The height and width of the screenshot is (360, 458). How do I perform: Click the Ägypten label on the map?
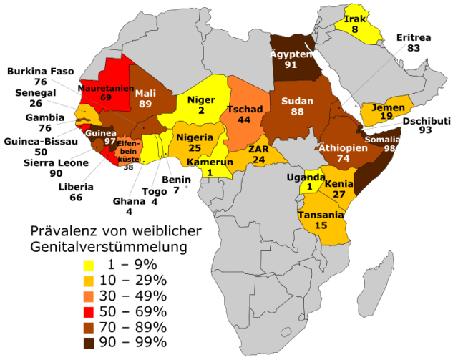[x=291, y=54]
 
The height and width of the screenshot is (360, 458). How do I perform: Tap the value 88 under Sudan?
[x=297, y=112]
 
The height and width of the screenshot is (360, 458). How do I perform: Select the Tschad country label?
[x=245, y=110]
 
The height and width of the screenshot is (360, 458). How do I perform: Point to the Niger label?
[x=201, y=100]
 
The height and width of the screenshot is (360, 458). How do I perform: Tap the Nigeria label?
[x=195, y=137]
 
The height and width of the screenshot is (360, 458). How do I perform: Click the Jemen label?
[x=389, y=107]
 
